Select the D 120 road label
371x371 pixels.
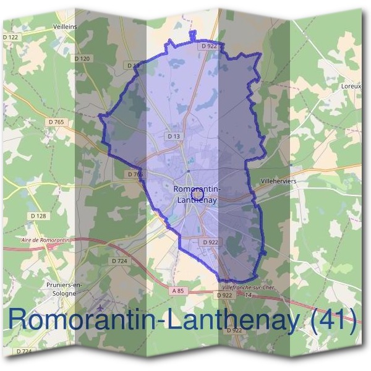(82, 59)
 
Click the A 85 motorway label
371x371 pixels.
(179, 290)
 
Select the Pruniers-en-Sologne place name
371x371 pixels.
(56, 289)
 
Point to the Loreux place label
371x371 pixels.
(351, 87)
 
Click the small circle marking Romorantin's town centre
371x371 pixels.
(189, 194)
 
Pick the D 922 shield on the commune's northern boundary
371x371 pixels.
(208, 46)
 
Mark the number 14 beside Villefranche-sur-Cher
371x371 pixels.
(247, 296)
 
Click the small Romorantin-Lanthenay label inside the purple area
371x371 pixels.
(197, 194)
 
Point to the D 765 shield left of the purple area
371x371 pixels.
(55, 122)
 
